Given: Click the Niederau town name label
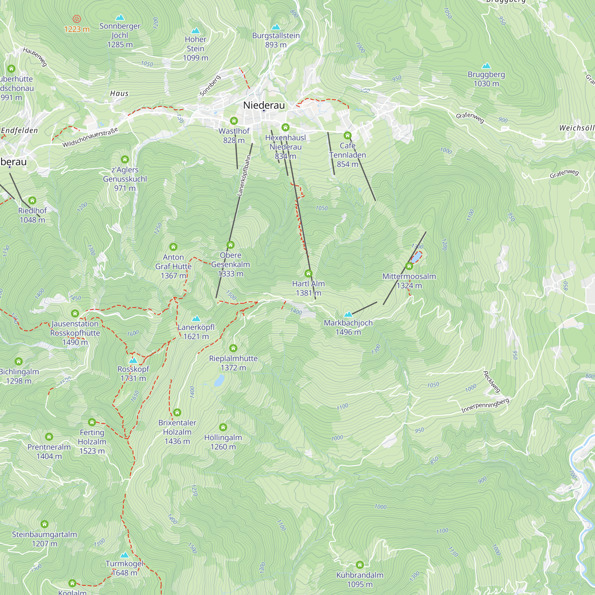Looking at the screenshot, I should pyautogui.click(x=264, y=105).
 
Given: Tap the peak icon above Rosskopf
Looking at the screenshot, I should pyautogui.click(x=133, y=360).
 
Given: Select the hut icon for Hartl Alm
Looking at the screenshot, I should pyautogui.click(x=308, y=273).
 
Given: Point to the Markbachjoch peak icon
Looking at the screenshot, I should pyautogui.click(x=348, y=314).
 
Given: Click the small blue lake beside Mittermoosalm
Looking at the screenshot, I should pyautogui.click(x=416, y=257).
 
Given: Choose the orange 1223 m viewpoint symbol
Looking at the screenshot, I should pyautogui.click(x=77, y=19).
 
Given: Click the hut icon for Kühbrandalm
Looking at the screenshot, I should pyautogui.click(x=360, y=565).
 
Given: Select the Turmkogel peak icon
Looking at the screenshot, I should pyautogui.click(x=124, y=555).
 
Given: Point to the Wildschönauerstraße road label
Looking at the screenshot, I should pyautogui.click(x=90, y=137).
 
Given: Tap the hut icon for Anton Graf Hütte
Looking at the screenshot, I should pyautogui.click(x=173, y=247).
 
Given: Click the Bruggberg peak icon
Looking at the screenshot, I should pyautogui.click(x=486, y=65).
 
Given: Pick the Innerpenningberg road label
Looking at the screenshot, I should pyautogui.click(x=485, y=405).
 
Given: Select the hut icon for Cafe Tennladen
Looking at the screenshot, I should pyautogui.click(x=347, y=135).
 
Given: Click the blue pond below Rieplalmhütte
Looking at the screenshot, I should pyautogui.click(x=219, y=381).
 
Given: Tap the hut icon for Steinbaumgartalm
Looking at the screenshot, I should pyautogui.click(x=44, y=524).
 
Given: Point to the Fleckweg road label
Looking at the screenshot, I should pyautogui.click(x=491, y=382).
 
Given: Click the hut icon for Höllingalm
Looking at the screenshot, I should pyautogui.click(x=223, y=427).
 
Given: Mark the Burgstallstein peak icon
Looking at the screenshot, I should pyautogui.click(x=276, y=27).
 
